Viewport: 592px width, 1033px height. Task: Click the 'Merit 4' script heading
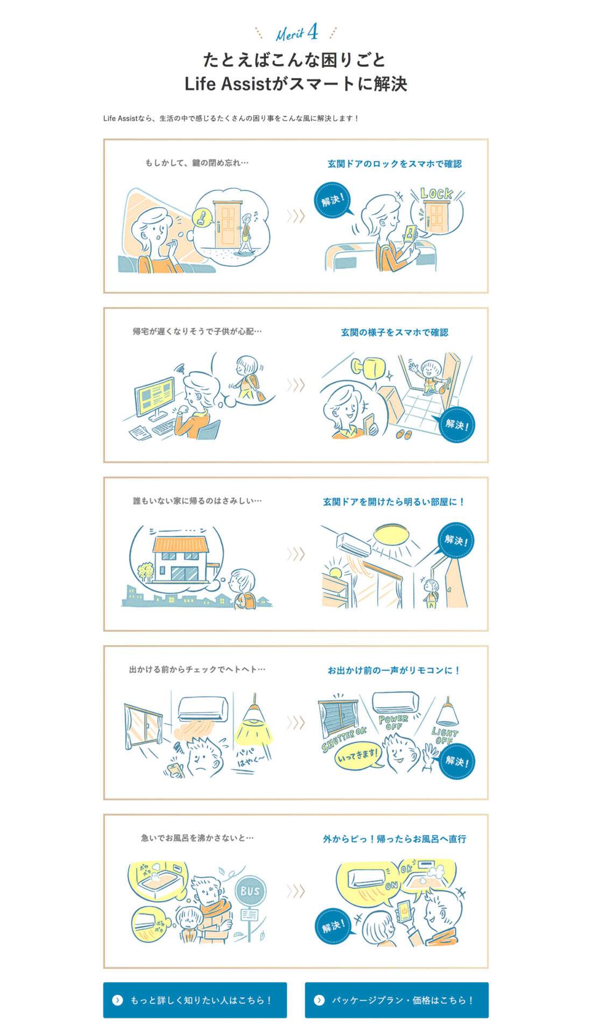297,34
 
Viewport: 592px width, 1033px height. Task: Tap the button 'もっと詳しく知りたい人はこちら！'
195,1000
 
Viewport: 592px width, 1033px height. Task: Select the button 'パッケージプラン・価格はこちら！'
397,1000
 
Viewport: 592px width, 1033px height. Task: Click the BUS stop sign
250,892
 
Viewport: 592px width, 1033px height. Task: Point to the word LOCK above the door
436,193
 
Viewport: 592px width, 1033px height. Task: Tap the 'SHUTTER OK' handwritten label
344,739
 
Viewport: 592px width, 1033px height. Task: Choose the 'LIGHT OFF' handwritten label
445,735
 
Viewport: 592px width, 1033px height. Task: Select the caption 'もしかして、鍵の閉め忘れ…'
196,162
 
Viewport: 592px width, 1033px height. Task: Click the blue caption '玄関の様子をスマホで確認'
394,332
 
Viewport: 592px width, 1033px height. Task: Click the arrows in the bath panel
295,891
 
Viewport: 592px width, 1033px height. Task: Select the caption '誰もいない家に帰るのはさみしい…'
197,501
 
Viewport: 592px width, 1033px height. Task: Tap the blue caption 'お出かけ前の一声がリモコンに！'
394,670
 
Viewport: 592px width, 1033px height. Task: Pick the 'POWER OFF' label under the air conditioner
393,721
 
